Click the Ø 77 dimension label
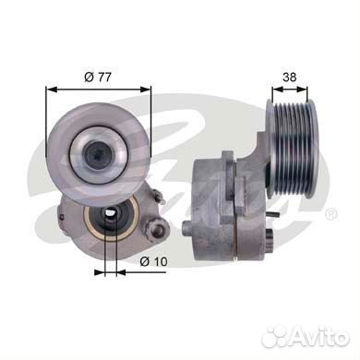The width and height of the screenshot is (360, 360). click(x=96, y=73)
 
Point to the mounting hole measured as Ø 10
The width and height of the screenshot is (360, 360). click(x=111, y=221)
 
